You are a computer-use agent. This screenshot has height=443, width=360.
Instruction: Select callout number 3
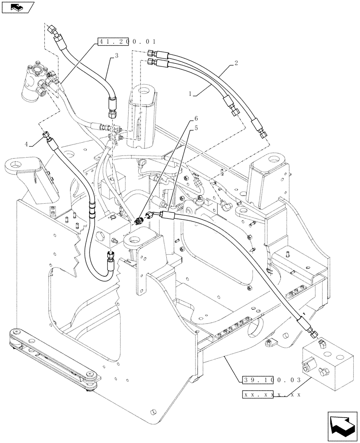[116, 56]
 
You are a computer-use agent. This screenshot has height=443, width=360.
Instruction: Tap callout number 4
[26, 144]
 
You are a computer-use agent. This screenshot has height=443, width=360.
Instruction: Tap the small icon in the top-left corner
[17, 7]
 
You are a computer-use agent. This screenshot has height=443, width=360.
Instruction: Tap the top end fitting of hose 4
[46, 135]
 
